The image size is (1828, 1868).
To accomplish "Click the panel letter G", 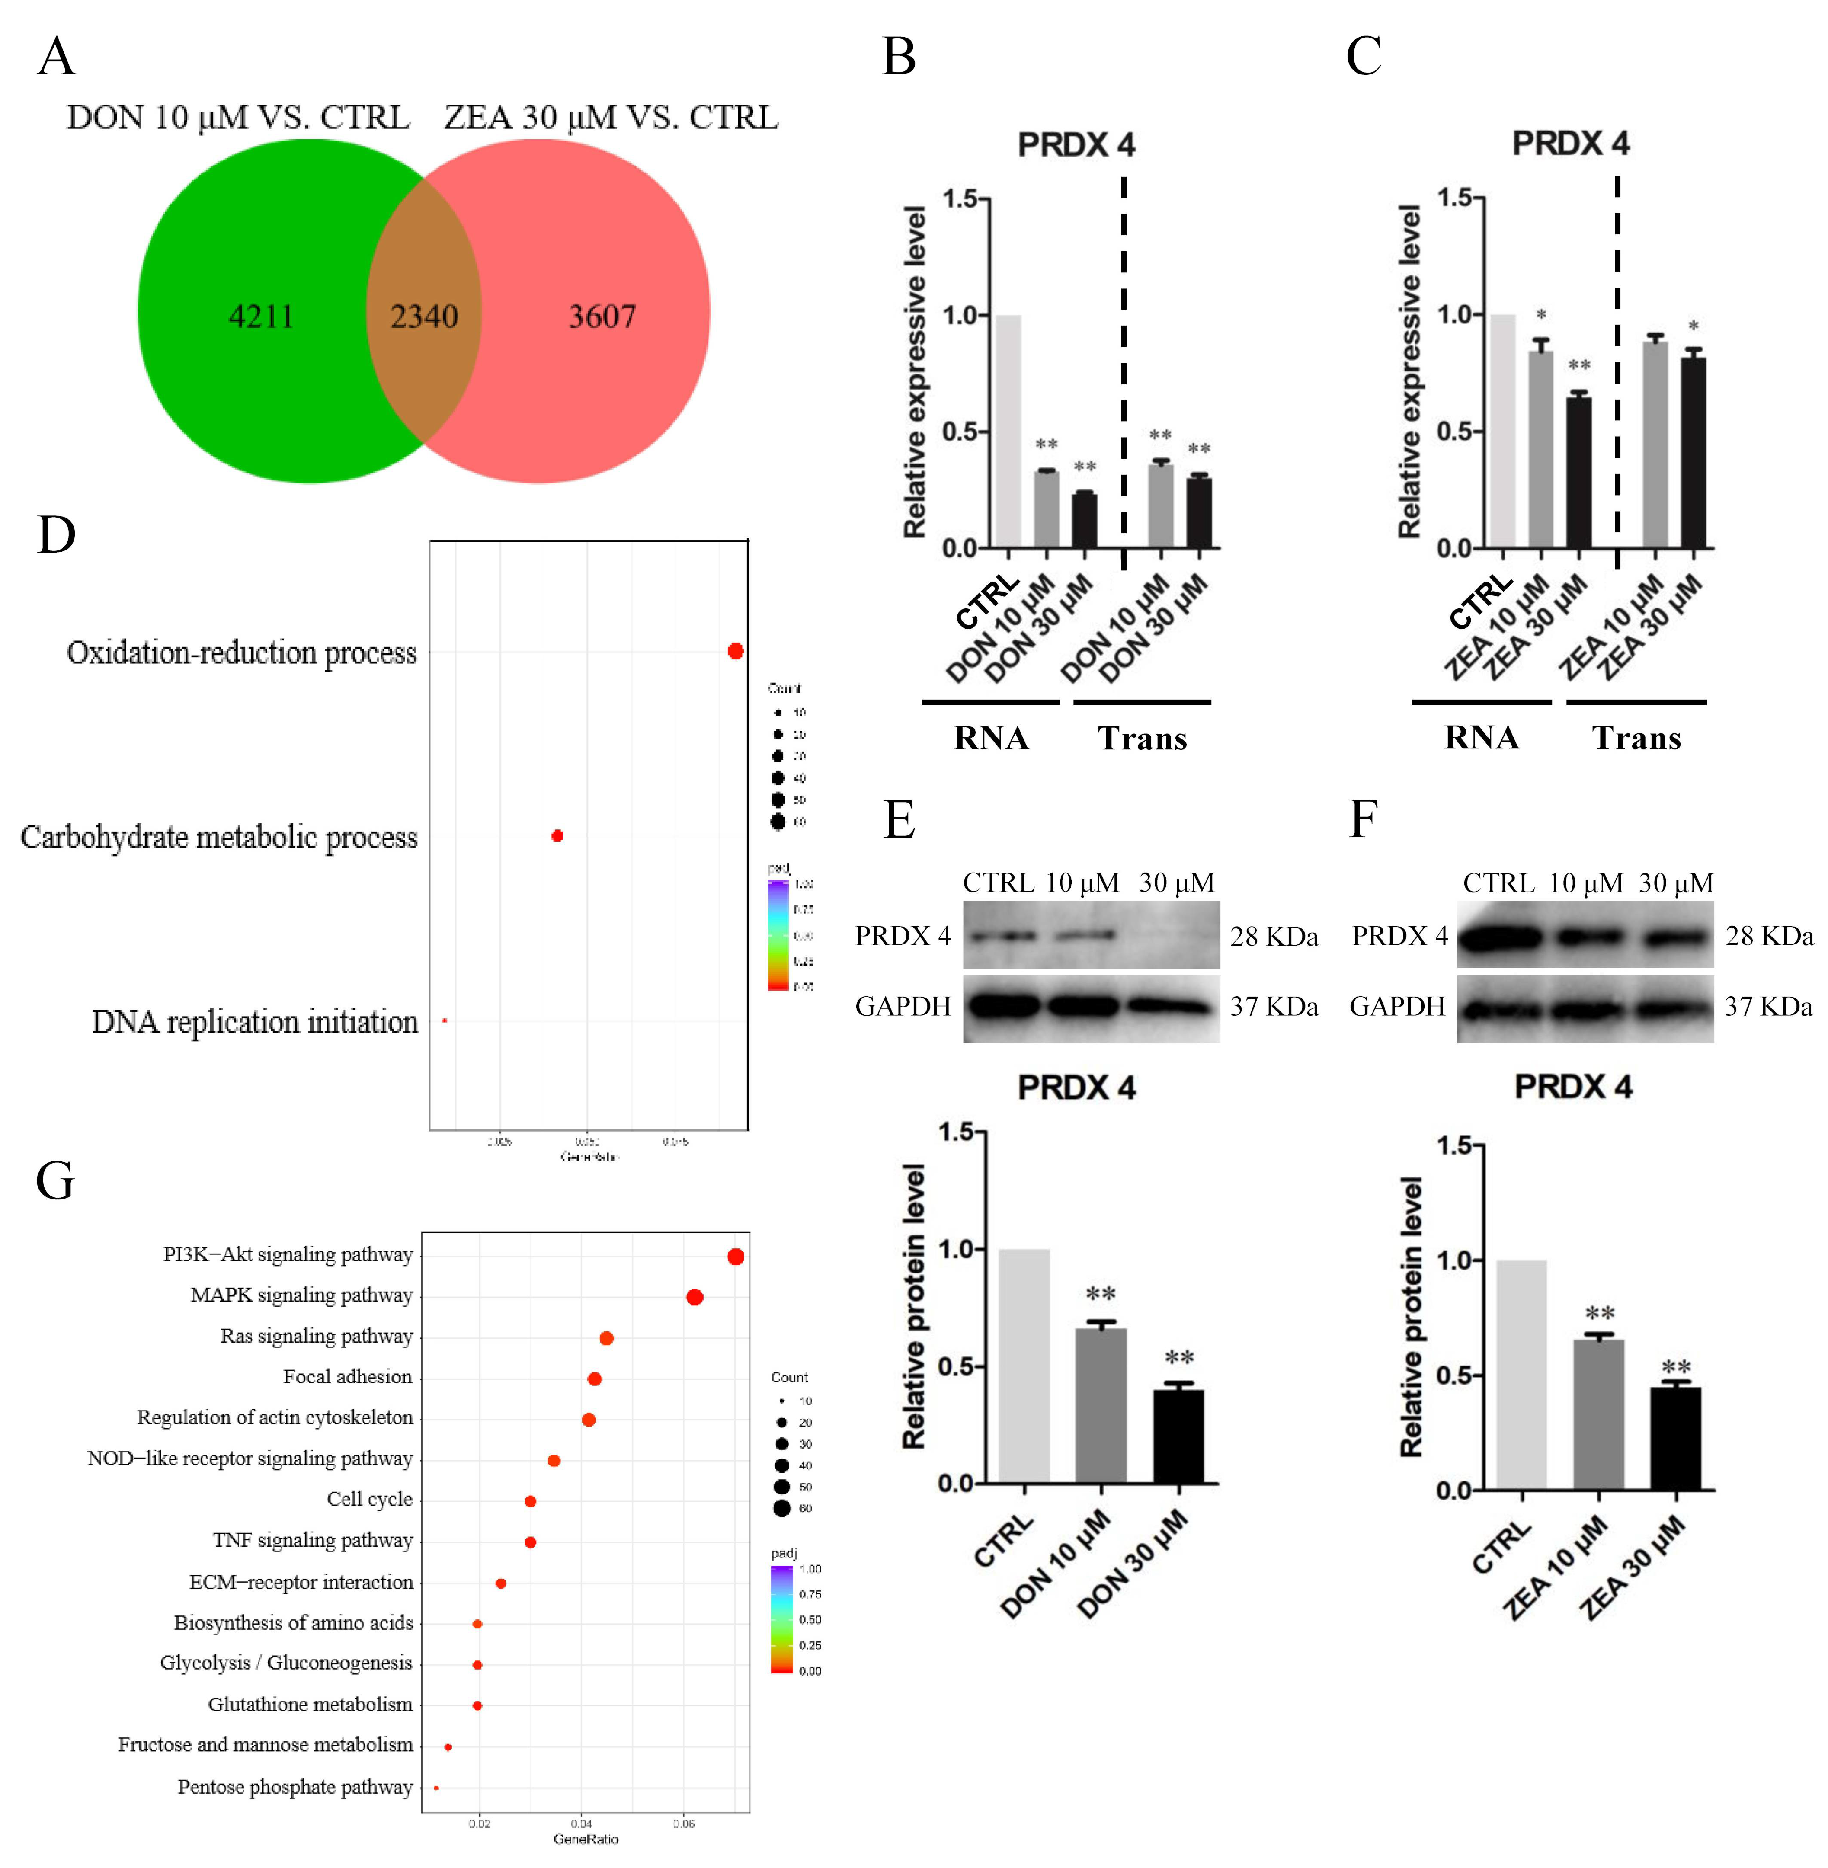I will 55,1181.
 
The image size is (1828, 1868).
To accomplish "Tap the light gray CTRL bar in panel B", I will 1008,432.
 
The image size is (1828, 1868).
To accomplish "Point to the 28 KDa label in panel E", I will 1274,937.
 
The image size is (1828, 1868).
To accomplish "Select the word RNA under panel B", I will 991,738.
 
